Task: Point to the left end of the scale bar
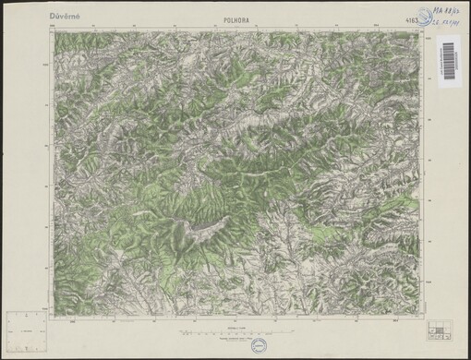[x=183, y=330]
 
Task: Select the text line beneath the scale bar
[x=237, y=338]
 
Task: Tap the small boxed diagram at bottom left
[x=26, y=328]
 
